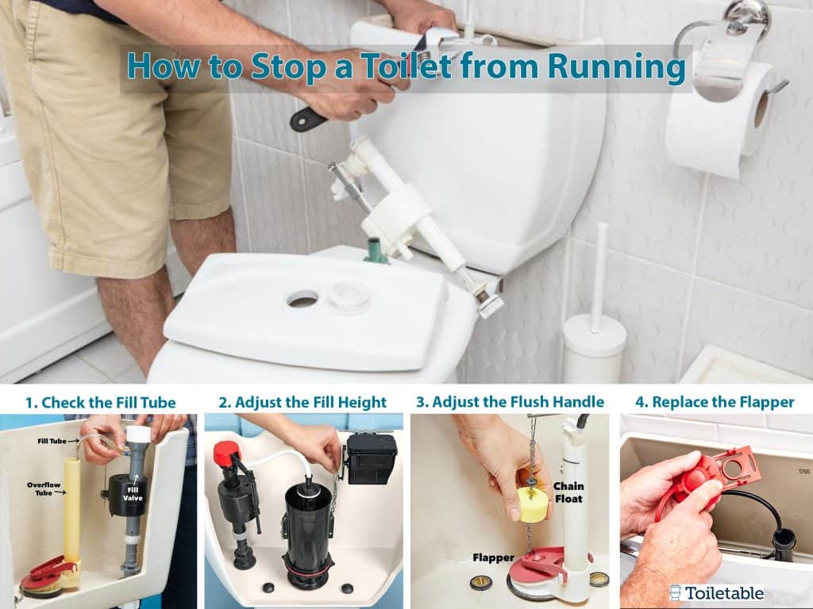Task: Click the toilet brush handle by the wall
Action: [x=601, y=277]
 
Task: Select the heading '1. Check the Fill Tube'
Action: [x=101, y=402]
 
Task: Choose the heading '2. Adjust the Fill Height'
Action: [x=302, y=402]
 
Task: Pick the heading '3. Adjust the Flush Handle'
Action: [x=511, y=402]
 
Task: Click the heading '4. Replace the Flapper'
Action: [x=715, y=402]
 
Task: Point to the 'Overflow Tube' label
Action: [x=44, y=488]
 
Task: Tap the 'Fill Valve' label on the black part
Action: [x=133, y=494]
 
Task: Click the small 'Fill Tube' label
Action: [x=52, y=441]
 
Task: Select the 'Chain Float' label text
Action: [x=568, y=492]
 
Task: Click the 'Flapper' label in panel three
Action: [x=493, y=557]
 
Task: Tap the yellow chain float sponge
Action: [x=534, y=504]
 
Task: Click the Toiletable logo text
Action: [x=724, y=593]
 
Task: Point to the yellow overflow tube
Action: [x=72, y=511]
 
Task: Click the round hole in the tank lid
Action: [x=302, y=299]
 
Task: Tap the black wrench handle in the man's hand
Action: [x=308, y=120]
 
